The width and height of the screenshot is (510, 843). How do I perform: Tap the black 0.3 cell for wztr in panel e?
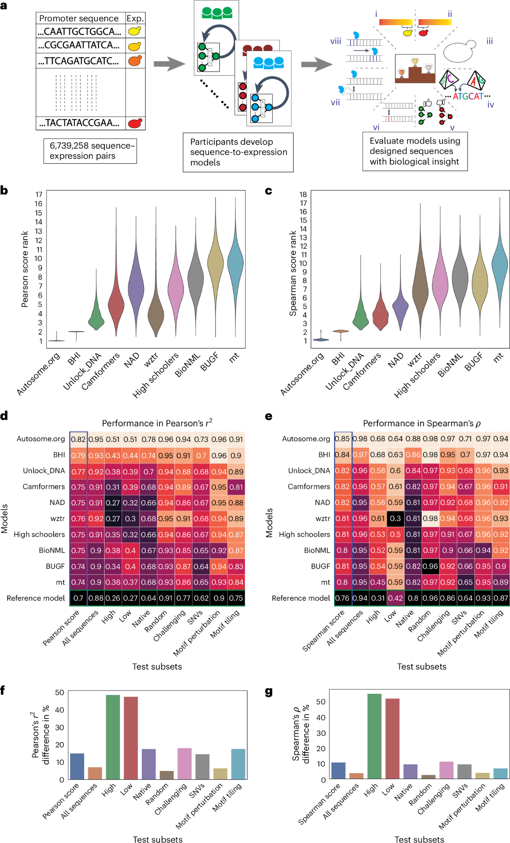pyautogui.click(x=395, y=519)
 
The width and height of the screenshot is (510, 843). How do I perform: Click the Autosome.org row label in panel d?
pyautogui.click(x=41, y=439)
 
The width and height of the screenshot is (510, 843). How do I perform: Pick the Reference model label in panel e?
pyautogui.click(x=301, y=598)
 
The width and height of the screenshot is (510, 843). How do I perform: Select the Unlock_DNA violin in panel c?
pyautogui.click(x=361, y=315)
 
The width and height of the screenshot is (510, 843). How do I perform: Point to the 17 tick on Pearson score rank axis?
pyautogui.click(x=39, y=195)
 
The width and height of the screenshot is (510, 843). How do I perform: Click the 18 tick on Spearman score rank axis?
pyautogui.click(x=303, y=194)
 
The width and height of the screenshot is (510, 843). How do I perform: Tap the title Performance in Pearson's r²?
pyautogui.click(x=157, y=423)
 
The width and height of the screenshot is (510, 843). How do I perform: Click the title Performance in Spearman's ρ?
pyautogui.click(x=422, y=423)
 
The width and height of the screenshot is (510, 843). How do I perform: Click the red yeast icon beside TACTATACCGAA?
pyautogui.click(x=135, y=123)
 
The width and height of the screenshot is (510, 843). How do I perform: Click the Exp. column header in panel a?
pyautogui.click(x=135, y=18)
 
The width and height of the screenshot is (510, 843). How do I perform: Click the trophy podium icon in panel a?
pyautogui.click(x=415, y=69)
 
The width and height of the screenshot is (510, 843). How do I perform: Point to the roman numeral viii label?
pyautogui.click(x=336, y=41)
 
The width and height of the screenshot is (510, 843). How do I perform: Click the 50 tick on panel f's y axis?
pyautogui.click(x=59, y=693)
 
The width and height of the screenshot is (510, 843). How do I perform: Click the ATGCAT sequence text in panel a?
pyautogui.click(x=467, y=97)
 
